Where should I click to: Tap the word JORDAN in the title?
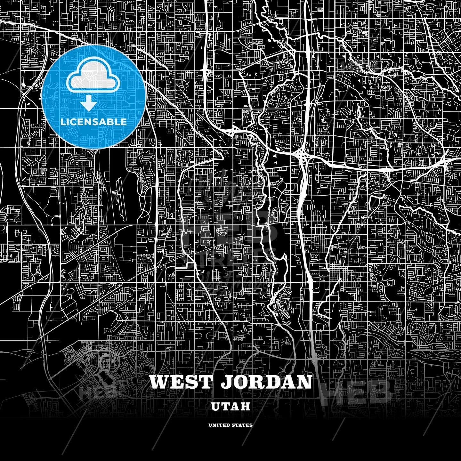pyautogui.click(x=267, y=382)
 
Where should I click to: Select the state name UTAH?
pyautogui.click(x=230, y=406)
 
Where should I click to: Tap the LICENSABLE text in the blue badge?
pyautogui.click(x=93, y=122)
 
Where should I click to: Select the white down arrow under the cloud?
pyautogui.click(x=88, y=103)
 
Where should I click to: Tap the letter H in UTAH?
pyautogui.click(x=245, y=406)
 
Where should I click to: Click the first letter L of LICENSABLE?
pyautogui.click(x=63, y=122)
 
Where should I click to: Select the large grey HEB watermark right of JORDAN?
pyautogui.click(x=359, y=391)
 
